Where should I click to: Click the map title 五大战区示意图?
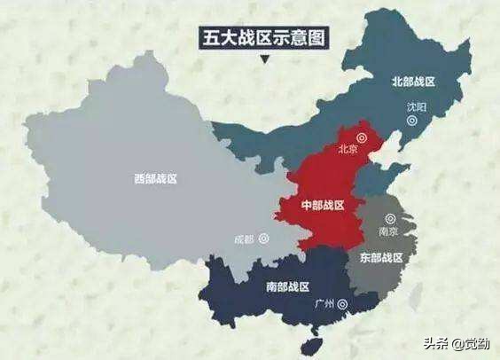click(x=263, y=39)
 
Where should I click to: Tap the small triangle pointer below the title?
click(x=263, y=60)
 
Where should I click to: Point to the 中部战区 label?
click(x=323, y=205)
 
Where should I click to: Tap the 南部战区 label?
click(x=286, y=286)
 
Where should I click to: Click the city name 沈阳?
click(x=416, y=107)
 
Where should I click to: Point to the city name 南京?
click(x=388, y=231)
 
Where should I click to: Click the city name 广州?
click(x=325, y=303)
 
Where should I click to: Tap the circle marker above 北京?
click(x=362, y=137)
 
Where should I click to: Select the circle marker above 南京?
click(x=390, y=218)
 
